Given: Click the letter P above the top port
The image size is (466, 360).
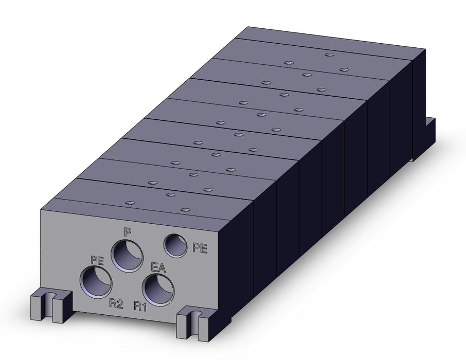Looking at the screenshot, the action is (x=128, y=232).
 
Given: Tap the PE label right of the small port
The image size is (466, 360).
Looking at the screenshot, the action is (x=200, y=248).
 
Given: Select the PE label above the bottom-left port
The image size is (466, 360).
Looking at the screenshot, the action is (x=97, y=260).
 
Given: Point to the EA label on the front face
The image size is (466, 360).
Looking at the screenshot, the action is (x=158, y=267).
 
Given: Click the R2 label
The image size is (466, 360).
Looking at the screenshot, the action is (x=116, y=304).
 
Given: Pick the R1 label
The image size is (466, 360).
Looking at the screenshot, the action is (x=140, y=306).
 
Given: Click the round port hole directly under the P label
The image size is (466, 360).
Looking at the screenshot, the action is (x=127, y=256).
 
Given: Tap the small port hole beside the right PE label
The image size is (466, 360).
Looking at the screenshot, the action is (x=175, y=245).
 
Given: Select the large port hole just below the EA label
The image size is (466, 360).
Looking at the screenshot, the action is (x=158, y=290).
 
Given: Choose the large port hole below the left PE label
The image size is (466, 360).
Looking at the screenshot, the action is (x=96, y=282).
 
